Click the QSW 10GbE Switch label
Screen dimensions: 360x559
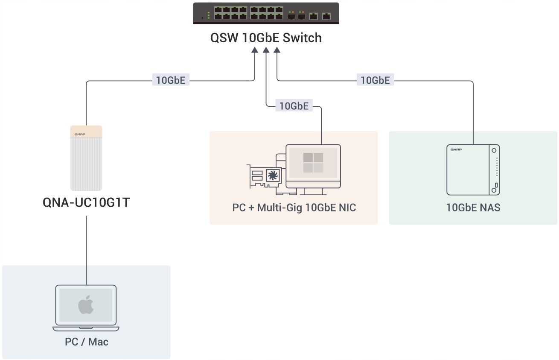pos(266,38)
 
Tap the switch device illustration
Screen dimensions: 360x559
pos(266,13)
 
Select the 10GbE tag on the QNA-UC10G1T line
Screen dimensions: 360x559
pos(171,80)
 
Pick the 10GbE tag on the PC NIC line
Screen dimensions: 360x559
pos(294,105)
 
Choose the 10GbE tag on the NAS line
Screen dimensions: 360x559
pos(375,80)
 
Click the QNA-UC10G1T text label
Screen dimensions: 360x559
pos(86,202)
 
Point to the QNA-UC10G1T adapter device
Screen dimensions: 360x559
pos(86,158)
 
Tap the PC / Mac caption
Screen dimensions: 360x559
pos(87,342)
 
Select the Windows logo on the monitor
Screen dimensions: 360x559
pos(313,163)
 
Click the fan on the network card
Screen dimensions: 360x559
pos(273,175)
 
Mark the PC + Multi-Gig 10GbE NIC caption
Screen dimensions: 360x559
pos(294,208)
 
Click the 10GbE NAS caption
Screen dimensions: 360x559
pos(473,208)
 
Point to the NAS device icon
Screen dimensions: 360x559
pos(473,170)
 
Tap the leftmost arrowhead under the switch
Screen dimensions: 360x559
pos(255,50)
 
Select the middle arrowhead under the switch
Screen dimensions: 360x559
pos(266,50)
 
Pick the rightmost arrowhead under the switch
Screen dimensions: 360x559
pos(277,50)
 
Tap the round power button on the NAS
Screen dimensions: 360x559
pos(494,151)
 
